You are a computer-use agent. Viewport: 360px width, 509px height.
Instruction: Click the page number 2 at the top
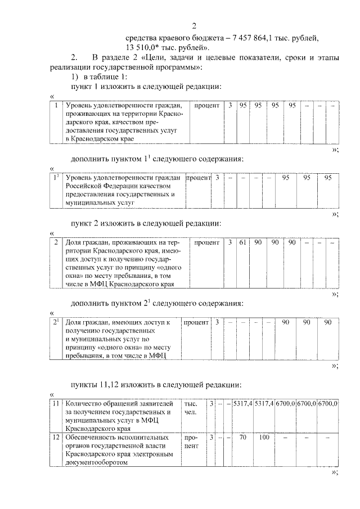194,26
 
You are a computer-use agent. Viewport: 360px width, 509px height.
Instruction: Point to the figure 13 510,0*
147,47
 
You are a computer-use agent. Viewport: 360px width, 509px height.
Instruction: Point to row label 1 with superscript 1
55,178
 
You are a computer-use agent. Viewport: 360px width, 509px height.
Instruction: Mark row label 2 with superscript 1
55,322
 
